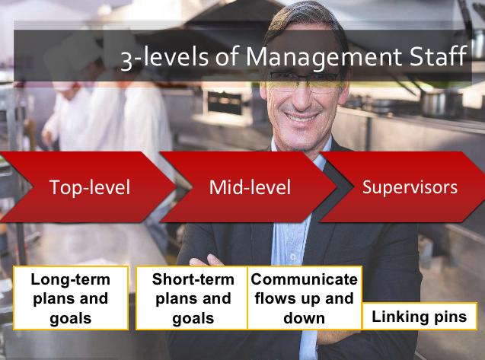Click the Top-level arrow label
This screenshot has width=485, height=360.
tap(90, 187)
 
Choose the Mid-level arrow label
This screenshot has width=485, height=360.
tap(250, 187)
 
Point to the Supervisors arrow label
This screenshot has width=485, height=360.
tap(410, 187)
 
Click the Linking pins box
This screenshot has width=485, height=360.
tap(420, 317)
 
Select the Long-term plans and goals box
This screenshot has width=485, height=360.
tap(71, 298)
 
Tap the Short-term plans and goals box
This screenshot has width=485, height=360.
tap(192, 298)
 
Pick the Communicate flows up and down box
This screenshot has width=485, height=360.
tap(305, 298)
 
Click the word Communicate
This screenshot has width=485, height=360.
tap(305, 279)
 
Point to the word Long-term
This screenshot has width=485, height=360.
tap(71, 280)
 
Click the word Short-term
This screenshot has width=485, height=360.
tap(193, 279)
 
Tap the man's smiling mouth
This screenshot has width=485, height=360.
tap(301, 117)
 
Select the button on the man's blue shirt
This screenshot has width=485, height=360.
tap(293, 257)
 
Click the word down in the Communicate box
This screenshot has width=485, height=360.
tap(305, 318)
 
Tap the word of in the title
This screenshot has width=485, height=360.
tap(228, 56)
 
